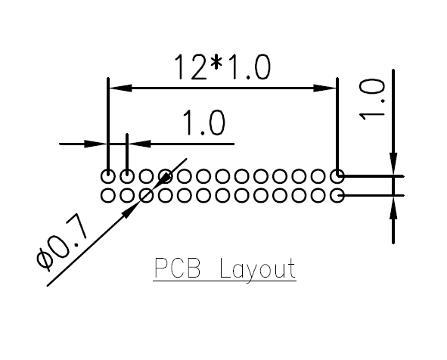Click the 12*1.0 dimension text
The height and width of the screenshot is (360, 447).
coord(222,67)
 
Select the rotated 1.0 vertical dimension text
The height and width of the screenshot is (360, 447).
coord(372,100)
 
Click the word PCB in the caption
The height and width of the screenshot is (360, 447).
coord(177,268)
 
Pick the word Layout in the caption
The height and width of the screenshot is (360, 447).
coord(258,269)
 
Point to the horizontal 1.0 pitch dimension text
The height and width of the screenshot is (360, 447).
coord(203,123)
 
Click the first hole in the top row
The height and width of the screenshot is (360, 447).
coord(108,176)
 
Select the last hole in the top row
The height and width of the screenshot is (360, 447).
coord(337,176)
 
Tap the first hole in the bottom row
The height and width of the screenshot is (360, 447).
coord(108,196)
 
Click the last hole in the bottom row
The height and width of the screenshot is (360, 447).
coord(337,196)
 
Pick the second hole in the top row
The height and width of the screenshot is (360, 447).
coord(127,176)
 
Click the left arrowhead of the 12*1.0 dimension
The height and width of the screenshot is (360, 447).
coord(120,88)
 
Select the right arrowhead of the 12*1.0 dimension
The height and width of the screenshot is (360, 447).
coord(324,88)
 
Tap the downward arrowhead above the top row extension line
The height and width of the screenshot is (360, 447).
coord(393,163)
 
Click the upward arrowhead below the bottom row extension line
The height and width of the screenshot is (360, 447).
coord(393,208)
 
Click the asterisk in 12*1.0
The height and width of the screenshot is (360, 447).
coord(216,63)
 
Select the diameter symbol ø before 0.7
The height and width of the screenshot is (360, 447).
coord(45,259)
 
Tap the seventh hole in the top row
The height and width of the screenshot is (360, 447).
coord(222,176)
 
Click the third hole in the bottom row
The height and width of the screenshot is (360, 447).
coord(146,196)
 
